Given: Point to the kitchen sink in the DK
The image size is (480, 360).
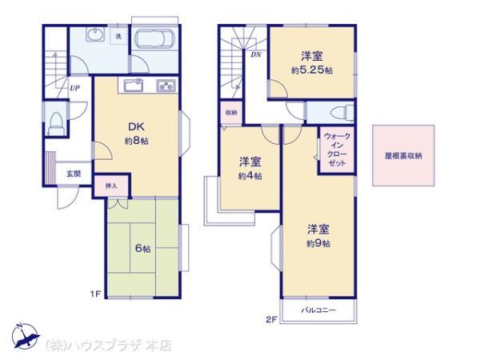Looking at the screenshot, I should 133,86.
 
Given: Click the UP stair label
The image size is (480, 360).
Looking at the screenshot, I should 74,88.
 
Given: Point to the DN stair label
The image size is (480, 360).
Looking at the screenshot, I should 255,55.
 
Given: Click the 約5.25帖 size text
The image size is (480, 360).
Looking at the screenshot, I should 310,70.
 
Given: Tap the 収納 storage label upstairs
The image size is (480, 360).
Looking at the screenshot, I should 230,112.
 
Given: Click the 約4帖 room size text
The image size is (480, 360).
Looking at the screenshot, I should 250,176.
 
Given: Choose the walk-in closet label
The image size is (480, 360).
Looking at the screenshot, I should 335,150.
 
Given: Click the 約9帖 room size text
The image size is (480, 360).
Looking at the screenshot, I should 318,242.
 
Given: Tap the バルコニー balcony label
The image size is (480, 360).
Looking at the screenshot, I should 318,310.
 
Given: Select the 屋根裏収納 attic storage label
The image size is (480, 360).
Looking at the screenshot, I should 403,157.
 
